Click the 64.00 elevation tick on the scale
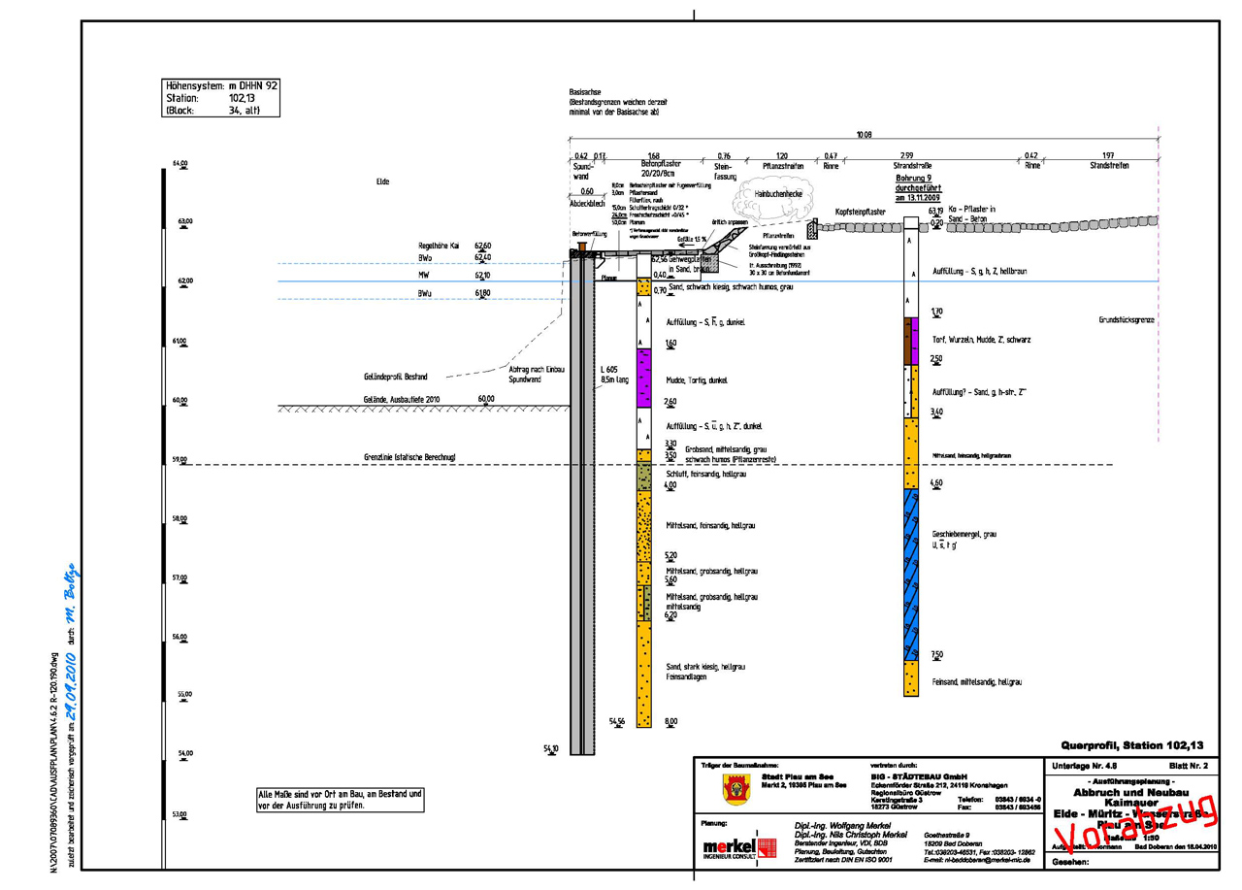pos(180,163)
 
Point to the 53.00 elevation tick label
pos(180,813)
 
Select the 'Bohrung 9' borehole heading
pos(911,180)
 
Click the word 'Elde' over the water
pos(382,181)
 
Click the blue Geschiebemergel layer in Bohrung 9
pos(911,573)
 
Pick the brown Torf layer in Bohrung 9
pos(911,341)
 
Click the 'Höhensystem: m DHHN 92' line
pos(222,85)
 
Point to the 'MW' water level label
pos(424,276)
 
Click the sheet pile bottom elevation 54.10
pos(551,748)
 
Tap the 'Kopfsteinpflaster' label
pos(860,211)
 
